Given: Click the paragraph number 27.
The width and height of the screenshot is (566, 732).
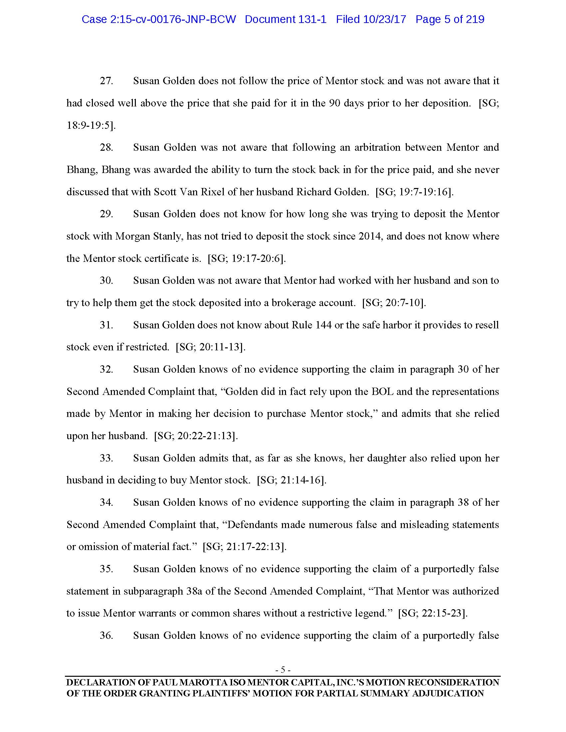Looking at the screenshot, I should tap(106, 81).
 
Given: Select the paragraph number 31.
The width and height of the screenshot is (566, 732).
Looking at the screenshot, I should tap(106, 325).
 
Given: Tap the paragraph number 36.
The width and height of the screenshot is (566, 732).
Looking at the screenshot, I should tap(106, 636).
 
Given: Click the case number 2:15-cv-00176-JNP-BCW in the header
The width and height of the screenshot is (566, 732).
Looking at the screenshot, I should tap(158, 19).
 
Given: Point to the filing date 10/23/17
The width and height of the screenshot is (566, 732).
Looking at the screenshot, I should tap(385, 19).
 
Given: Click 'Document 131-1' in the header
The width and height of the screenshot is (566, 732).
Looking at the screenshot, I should tap(285, 19).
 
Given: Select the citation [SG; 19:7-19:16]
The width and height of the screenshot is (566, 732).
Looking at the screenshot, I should tap(415, 192).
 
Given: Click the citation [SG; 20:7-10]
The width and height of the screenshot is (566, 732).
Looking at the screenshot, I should tap(394, 303).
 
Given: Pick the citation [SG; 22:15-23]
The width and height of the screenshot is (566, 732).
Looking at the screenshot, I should tap(432, 613).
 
